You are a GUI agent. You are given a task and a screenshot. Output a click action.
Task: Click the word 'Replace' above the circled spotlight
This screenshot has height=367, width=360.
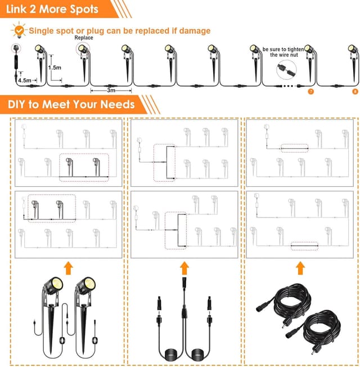[x=83, y=38]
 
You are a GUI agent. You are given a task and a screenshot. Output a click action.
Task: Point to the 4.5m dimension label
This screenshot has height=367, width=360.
[x=24, y=80]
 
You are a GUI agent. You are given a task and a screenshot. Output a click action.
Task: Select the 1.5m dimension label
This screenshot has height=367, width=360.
[x=55, y=67]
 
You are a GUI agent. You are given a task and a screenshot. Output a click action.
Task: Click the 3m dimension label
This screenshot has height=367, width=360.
[x=111, y=90]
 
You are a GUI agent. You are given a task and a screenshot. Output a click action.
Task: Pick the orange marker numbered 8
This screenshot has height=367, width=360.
[x=354, y=91]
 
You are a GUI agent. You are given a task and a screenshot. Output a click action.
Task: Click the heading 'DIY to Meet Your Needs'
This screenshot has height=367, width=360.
[x=71, y=104]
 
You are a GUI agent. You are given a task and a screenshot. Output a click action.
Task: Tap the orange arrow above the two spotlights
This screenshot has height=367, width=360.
[x=68, y=267]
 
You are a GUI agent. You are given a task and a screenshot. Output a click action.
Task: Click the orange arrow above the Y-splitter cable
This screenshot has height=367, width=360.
[x=184, y=267]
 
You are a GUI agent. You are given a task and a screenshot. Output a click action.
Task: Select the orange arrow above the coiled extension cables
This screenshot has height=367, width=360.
[x=300, y=267]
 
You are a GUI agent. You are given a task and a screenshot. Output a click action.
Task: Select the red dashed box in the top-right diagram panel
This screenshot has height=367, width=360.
[x=295, y=148]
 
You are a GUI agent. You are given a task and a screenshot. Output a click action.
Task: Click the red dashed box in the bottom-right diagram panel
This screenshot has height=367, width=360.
[x=304, y=245]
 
